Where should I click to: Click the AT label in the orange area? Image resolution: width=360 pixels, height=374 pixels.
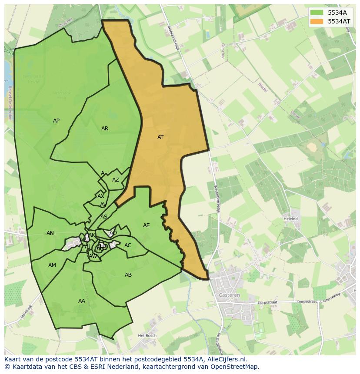click(160, 137)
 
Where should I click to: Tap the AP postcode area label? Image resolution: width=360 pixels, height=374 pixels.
click(56, 121)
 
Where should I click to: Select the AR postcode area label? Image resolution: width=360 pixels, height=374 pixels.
click(105, 129)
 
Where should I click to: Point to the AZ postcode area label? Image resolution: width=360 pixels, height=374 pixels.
click(116, 180)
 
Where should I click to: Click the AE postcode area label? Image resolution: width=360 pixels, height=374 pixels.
click(147, 225)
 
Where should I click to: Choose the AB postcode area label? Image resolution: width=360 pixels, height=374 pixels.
click(128, 275)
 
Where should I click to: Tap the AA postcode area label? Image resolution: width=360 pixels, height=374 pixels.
click(82, 301)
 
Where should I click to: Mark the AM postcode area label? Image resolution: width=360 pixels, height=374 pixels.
click(52, 265)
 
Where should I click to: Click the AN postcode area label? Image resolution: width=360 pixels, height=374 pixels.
click(50, 233)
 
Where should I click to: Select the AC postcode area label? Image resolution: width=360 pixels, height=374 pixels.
click(128, 245)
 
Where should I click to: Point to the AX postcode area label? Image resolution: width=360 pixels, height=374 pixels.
click(101, 196)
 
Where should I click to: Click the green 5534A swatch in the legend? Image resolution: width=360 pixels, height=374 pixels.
click(317, 13)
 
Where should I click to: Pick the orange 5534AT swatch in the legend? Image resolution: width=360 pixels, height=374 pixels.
click(317, 21)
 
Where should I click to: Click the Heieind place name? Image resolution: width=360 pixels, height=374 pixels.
click(290, 219)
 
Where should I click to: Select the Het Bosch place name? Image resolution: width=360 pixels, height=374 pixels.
click(147, 335)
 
